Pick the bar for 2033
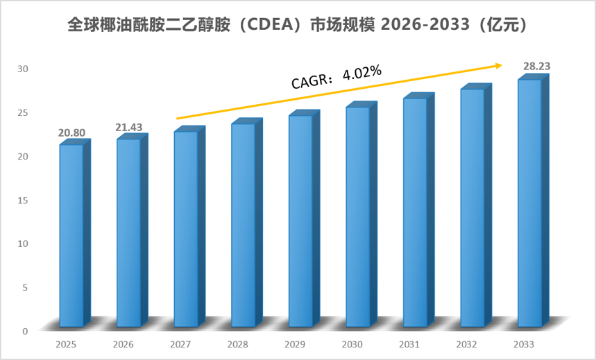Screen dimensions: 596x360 click(534, 200)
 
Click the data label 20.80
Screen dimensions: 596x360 click(71, 133)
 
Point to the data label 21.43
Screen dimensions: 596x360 click(129, 128)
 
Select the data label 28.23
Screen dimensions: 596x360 click(537, 67)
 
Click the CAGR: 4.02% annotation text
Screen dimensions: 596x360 click(337, 77)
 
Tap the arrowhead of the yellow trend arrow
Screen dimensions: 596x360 click(499, 66)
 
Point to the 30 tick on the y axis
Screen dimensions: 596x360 click(23, 69)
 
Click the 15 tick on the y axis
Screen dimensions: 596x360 click(23, 200)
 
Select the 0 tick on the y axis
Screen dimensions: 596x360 click(25, 331)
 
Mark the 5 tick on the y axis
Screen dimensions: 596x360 click(25, 287)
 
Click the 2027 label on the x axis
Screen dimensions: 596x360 click(180, 345)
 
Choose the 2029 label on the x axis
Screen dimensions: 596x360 click(295, 345)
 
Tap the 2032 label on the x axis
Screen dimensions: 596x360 click(467, 345)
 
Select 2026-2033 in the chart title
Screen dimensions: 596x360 click(425, 25)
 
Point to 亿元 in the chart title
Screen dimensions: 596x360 click(502, 25)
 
